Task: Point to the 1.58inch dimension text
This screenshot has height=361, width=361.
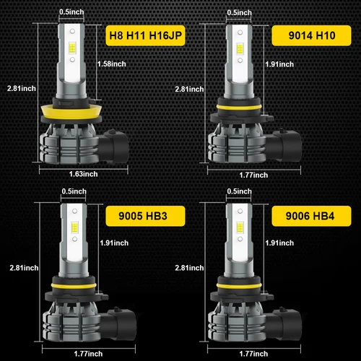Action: pos(111,64)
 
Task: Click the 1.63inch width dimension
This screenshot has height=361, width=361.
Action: pos(83,174)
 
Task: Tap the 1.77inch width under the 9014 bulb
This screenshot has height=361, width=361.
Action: pos(253,174)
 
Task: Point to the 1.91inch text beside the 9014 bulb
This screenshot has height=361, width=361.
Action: pos(279,64)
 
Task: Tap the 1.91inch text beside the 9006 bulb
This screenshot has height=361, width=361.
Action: pos(279,243)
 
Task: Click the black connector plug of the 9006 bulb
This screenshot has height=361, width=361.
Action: pos(283,318)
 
